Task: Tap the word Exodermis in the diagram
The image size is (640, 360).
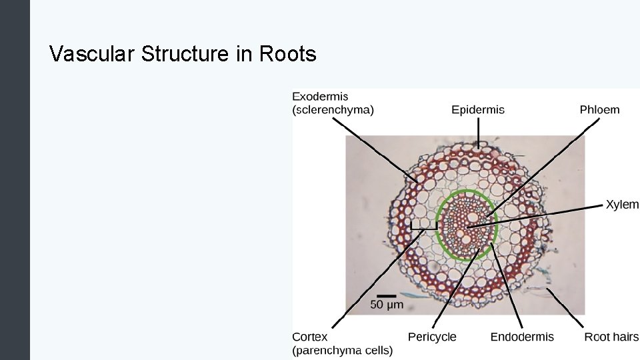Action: click(x=320, y=97)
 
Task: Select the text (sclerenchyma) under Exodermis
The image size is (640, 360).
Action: click(x=333, y=110)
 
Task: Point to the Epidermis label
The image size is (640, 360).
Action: click(x=477, y=110)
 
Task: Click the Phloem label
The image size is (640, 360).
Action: click(x=599, y=110)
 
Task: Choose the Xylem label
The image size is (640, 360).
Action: click(x=621, y=205)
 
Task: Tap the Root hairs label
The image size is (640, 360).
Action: click(x=611, y=337)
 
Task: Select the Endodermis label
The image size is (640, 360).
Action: click(x=521, y=337)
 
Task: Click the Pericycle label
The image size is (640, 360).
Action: click(x=432, y=337)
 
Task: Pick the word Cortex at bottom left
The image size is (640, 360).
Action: click(x=309, y=337)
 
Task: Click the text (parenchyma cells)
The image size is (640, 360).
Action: click(x=342, y=350)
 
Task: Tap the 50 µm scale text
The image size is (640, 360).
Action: click(x=387, y=305)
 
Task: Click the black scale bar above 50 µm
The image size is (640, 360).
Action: click(x=387, y=295)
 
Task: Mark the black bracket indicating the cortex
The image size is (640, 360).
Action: click(x=423, y=229)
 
